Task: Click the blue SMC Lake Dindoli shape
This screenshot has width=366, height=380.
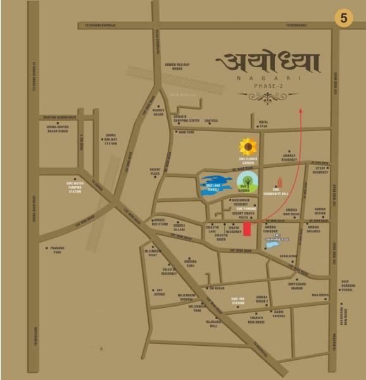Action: coord(211,184)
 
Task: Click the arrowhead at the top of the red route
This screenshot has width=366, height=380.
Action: coord(301,110)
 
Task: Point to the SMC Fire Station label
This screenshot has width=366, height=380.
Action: coord(238,301)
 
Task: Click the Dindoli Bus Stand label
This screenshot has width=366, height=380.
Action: coord(160,222)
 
